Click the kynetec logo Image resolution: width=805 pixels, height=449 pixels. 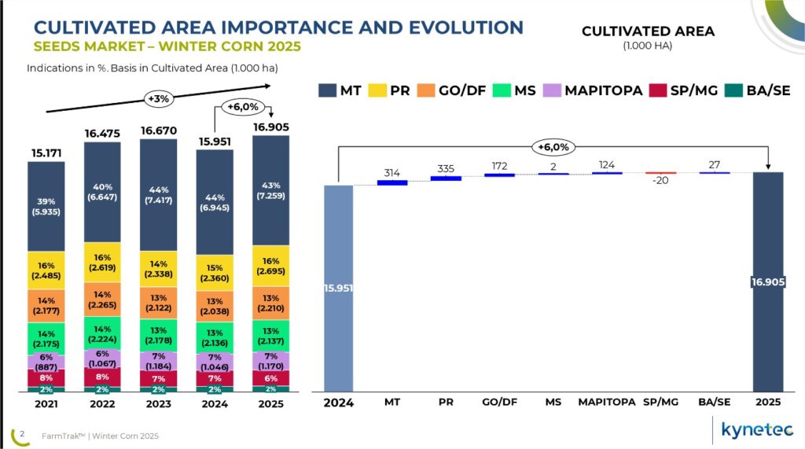pos(758,429)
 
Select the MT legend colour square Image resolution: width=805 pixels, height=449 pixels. pos(327,90)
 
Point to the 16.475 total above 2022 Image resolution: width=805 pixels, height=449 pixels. pos(102,134)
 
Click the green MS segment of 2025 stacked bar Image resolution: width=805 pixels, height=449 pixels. pos(270,335)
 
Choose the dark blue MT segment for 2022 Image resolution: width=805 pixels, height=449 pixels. pos(102,193)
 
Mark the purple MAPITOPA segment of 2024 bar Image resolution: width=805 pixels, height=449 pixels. pos(214,362)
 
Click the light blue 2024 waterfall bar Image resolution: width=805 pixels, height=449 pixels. pos(339,287)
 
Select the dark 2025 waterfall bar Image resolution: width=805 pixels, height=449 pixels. pos(767,282)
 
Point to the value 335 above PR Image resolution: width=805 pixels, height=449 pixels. pos(445,167)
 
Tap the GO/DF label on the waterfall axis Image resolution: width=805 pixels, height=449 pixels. pos(499,402)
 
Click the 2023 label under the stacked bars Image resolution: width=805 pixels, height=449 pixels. pos(158,403)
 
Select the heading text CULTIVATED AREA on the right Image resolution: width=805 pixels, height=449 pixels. pos(648,31)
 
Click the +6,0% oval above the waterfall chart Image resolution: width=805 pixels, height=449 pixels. pos(552,147)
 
